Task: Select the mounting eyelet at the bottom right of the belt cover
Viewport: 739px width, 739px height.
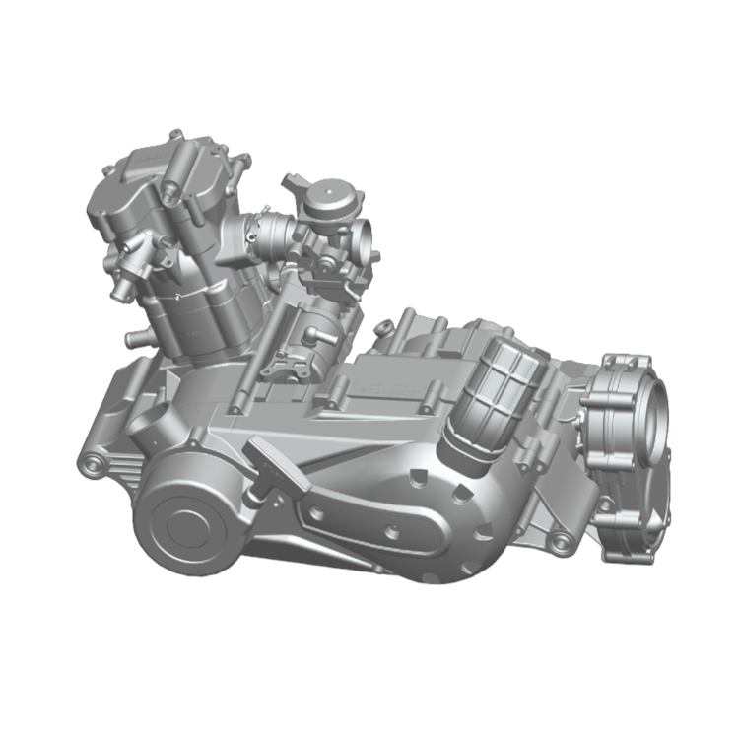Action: (x=561, y=541)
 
